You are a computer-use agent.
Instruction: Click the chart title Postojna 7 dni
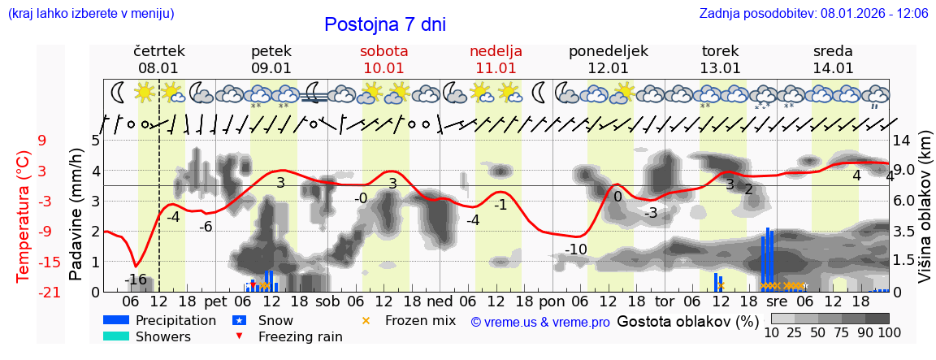[385, 24]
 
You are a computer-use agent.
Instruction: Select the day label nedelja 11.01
[496, 59]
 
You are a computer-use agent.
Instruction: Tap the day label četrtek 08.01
[158, 59]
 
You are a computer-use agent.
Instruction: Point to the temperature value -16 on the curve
[136, 280]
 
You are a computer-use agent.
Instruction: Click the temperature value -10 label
[575, 249]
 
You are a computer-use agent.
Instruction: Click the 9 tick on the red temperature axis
[41, 140]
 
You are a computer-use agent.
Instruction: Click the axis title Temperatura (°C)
[23, 215]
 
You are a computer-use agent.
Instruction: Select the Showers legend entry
[163, 336]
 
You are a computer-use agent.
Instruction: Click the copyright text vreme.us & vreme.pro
[539, 322]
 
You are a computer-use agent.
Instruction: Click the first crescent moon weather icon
[119, 91]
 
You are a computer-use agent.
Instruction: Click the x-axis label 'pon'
[552, 301]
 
